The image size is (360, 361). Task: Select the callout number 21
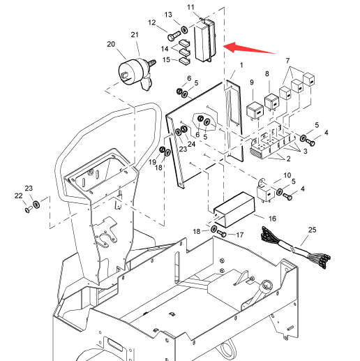135,35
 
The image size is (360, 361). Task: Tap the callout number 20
111,44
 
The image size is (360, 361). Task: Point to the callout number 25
312,230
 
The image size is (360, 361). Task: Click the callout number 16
272,219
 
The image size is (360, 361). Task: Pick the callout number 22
18,196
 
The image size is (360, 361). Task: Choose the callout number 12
151,22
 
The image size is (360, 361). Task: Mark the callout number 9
252,82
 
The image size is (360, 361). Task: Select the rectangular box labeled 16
234,209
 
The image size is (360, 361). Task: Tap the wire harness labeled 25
296,248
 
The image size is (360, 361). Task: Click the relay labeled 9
255,110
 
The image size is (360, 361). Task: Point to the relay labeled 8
271,102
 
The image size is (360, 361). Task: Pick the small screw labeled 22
29,209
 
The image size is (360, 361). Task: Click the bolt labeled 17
221,233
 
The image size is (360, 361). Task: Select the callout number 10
287,175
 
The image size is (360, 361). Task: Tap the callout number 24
191,144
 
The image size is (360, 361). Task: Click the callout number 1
241,65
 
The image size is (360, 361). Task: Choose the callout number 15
166,60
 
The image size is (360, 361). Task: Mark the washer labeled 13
185,29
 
